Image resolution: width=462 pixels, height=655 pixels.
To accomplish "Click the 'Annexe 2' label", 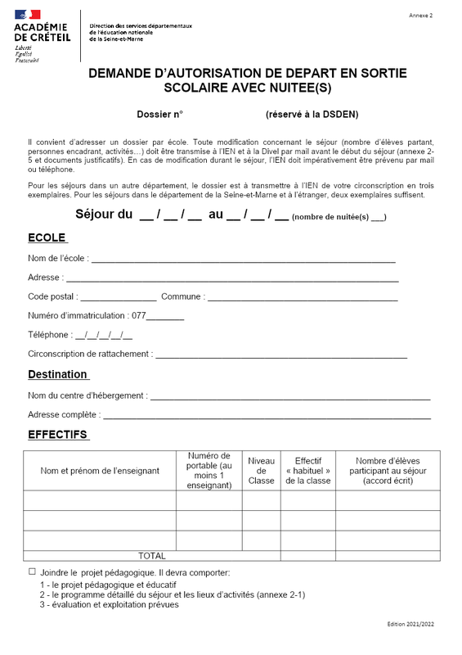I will (420, 16).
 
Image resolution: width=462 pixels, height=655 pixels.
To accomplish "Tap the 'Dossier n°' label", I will (160, 115).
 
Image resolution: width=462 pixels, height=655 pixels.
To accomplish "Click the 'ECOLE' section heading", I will (47, 237).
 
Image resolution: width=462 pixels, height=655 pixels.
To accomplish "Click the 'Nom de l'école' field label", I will (57, 259).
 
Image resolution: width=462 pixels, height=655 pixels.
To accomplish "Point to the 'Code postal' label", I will (53, 296).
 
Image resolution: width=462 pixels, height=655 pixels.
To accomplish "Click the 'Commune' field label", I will (182, 296).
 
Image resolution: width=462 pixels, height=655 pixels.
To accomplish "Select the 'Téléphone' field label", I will (49, 335).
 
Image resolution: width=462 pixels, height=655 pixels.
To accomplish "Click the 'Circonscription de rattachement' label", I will (89, 354).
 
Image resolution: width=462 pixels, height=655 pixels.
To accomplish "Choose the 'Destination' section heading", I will (57, 374).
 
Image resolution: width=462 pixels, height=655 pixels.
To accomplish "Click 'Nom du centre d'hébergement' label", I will (87, 395).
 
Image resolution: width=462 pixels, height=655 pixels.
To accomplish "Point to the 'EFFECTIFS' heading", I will (57, 434).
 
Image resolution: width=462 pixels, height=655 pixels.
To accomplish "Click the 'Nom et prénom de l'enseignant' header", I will (99, 471).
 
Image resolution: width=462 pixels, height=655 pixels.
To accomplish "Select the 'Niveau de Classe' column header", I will (262, 471).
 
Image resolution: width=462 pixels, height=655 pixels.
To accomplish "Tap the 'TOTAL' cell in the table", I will (152, 556).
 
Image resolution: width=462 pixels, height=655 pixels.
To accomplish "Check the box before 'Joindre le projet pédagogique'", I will (33, 571).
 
